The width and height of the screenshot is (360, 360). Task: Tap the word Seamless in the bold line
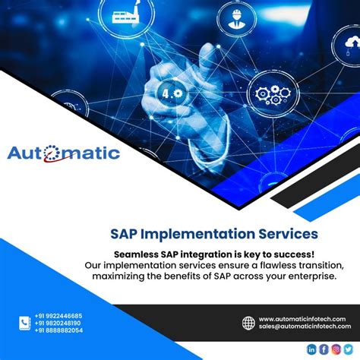coord(141,254)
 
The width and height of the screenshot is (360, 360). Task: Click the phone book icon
coord(24,323)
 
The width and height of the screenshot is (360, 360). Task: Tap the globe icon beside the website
coord(248,323)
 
